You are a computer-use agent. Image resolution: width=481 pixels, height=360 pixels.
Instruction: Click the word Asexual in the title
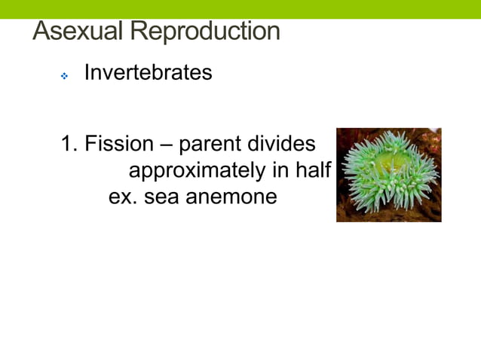click(x=78, y=32)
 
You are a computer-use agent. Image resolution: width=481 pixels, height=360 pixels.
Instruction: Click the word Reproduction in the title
click(x=204, y=32)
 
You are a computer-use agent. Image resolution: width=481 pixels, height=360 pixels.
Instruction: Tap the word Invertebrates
click(x=148, y=73)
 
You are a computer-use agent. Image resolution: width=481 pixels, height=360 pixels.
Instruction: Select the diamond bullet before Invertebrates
click(x=65, y=76)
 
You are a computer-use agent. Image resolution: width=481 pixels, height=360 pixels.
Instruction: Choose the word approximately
click(x=198, y=172)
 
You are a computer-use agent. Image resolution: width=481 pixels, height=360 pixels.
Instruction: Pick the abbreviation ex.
click(x=121, y=197)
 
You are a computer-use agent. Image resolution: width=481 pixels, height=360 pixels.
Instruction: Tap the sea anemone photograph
click(x=388, y=175)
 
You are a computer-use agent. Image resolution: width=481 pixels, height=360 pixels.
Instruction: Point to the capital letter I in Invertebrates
click(x=87, y=73)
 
